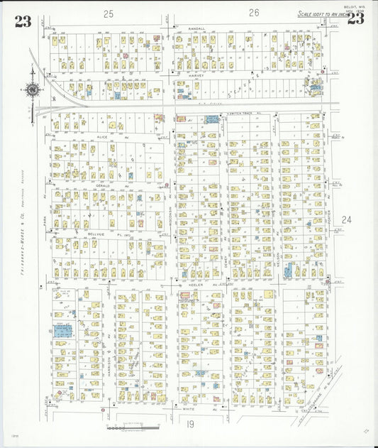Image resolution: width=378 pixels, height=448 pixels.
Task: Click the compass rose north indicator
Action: (33, 90)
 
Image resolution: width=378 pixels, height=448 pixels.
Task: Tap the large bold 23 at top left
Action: (23, 21)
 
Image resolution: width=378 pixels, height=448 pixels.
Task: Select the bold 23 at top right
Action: (355, 19)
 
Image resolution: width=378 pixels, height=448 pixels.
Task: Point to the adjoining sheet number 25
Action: (108, 13)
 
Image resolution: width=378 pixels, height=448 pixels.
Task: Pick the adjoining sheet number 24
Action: (346, 220)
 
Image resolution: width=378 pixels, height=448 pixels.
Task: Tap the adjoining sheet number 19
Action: (191, 424)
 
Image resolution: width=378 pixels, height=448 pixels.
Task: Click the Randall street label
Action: (196, 28)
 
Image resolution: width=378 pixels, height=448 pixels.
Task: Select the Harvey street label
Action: (196, 75)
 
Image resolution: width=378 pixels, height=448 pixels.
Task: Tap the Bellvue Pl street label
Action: (99, 233)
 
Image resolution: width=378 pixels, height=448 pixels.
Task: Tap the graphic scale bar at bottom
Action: (133, 427)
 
